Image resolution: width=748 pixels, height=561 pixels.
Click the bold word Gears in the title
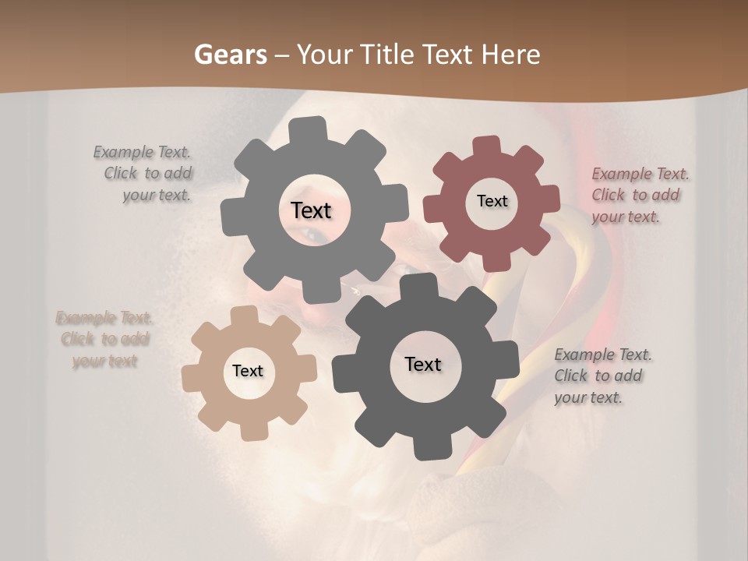(x=231, y=55)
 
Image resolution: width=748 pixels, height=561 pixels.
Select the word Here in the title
(x=510, y=55)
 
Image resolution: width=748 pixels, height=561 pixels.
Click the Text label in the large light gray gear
(x=311, y=210)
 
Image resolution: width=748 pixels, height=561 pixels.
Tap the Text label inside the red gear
(x=492, y=201)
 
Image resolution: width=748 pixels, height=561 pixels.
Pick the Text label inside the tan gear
(x=248, y=371)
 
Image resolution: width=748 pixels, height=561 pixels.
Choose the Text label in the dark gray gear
(x=423, y=364)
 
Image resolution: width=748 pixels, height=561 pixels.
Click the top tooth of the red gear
(x=488, y=146)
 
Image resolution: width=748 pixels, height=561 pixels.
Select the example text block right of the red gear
(x=640, y=196)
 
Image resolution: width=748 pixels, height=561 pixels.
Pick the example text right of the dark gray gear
(x=602, y=376)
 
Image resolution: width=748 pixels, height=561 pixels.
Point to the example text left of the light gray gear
(x=144, y=174)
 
